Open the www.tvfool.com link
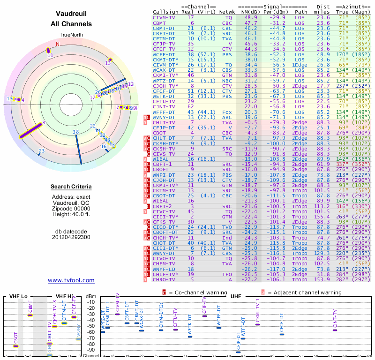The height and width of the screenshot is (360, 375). pos(71,280)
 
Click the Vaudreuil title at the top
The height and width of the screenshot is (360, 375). pos(71,14)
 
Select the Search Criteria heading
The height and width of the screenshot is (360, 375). pos(71,187)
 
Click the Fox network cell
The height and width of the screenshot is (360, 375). pos(227,112)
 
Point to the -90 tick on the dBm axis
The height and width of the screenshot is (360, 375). pos(91,350)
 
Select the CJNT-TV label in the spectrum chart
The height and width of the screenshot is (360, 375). pos(335,318)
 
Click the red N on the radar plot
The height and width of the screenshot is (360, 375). pos(58,45)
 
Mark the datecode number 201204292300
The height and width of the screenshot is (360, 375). pos(71,237)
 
